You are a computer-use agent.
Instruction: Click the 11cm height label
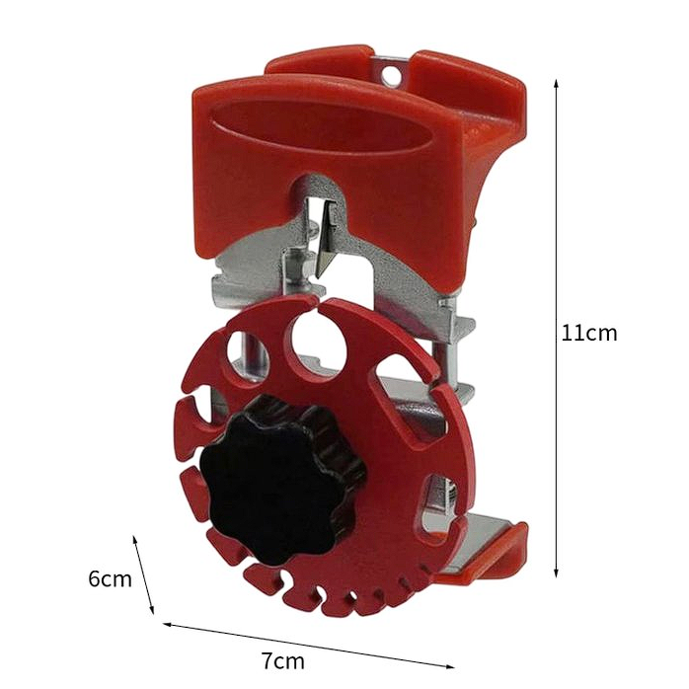click(x=589, y=333)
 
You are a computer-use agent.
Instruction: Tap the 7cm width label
click(x=283, y=660)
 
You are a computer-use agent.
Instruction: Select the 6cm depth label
click(x=110, y=578)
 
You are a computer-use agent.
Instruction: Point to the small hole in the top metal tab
click(x=391, y=75)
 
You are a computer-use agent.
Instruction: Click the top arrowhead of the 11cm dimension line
click(x=556, y=84)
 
